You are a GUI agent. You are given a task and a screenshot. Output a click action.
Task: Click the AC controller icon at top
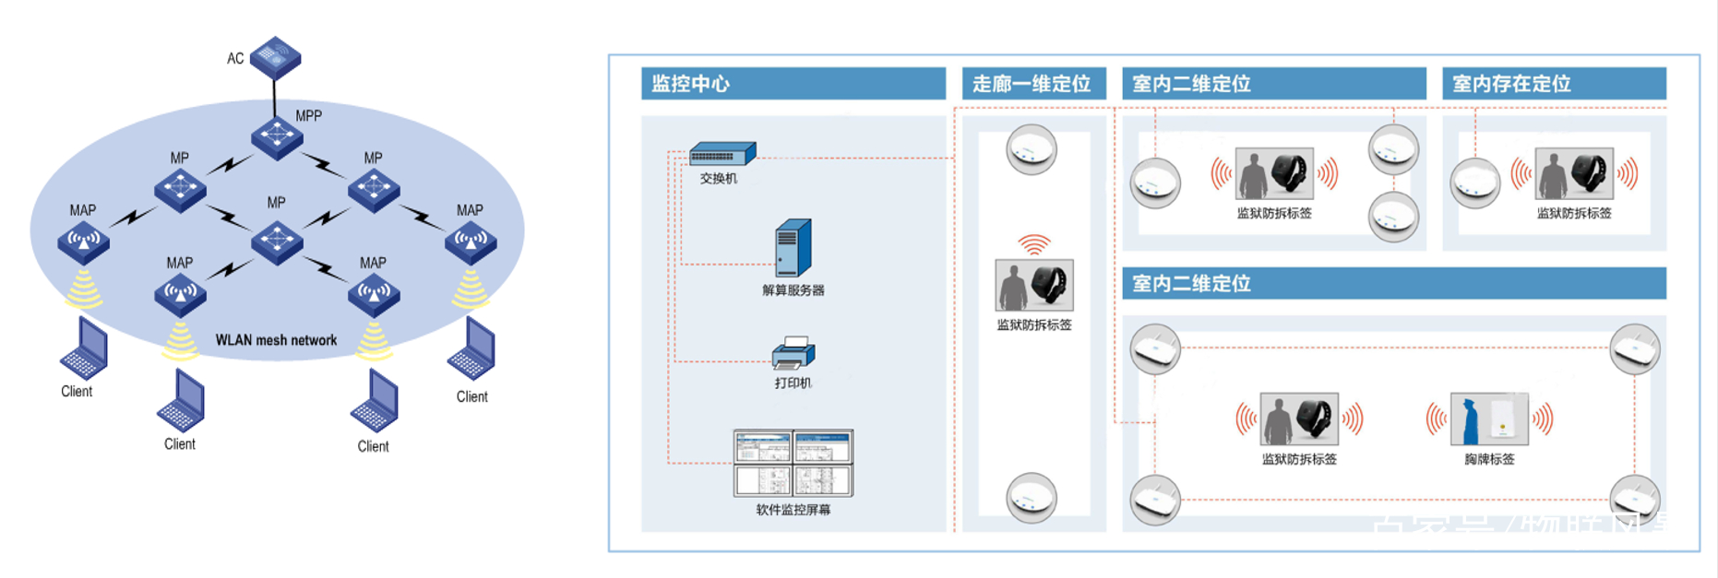pyautogui.click(x=275, y=56)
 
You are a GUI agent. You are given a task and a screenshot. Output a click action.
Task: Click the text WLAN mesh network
pyautogui.click(x=276, y=340)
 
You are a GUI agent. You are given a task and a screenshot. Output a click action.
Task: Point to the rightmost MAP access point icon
pyautogui.click(x=471, y=242)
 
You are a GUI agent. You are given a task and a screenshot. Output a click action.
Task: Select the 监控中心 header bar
pyautogui.click(x=793, y=84)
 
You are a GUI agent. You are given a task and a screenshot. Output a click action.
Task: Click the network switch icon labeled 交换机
pyautogui.click(x=722, y=154)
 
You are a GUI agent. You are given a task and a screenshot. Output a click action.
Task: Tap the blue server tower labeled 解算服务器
pyautogui.click(x=793, y=248)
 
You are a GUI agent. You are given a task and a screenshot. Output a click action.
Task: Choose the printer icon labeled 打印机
pyautogui.click(x=793, y=354)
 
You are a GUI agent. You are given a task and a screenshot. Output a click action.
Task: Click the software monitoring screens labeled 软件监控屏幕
pyautogui.click(x=793, y=463)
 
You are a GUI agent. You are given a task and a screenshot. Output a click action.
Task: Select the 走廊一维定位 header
pyautogui.click(x=1032, y=84)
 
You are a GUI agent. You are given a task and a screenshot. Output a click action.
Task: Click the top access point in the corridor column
pyautogui.click(x=1031, y=149)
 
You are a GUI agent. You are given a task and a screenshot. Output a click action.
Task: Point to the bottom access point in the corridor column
pyautogui.click(x=1031, y=498)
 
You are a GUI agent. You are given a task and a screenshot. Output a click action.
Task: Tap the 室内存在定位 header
pyautogui.click(x=1554, y=84)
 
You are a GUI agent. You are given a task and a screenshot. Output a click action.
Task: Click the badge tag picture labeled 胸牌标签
pyautogui.click(x=1489, y=419)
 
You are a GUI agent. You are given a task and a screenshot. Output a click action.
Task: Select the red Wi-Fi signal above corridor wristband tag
pyautogui.click(x=1034, y=244)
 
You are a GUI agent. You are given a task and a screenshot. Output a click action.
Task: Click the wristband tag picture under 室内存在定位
pyautogui.click(x=1574, y=173)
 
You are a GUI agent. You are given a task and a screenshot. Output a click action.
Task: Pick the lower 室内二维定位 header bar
pyautogui.click(x=1393, y=284)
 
